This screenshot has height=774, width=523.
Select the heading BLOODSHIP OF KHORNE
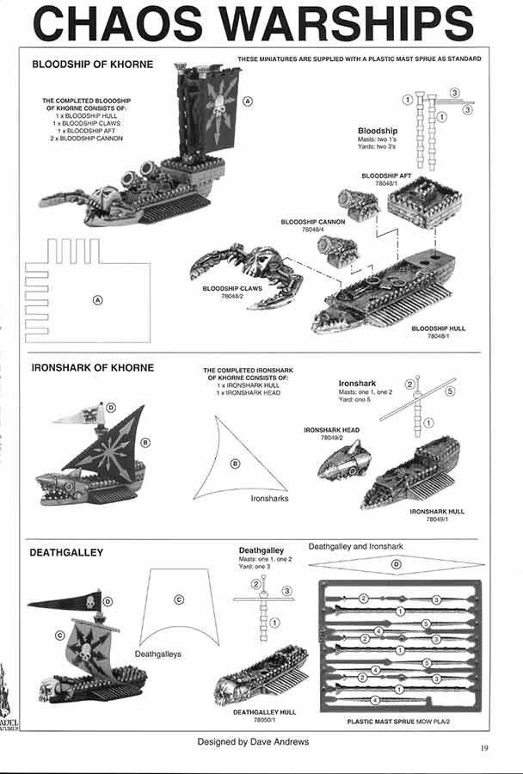(x=92, y=64)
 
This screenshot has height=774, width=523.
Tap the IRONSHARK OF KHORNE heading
(x=92, y=367)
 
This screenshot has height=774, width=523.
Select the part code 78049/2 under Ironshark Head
(x=330, y=438)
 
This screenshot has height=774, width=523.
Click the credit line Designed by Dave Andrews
(x=253, y=741)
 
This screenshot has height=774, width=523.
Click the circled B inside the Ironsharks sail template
(x=235, y=464)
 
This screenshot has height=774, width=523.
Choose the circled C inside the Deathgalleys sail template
(x=178, y=599)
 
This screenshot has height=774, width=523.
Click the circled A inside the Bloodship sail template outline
(x=97, y=299)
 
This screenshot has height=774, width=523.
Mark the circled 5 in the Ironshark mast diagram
(x=450, y=391)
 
